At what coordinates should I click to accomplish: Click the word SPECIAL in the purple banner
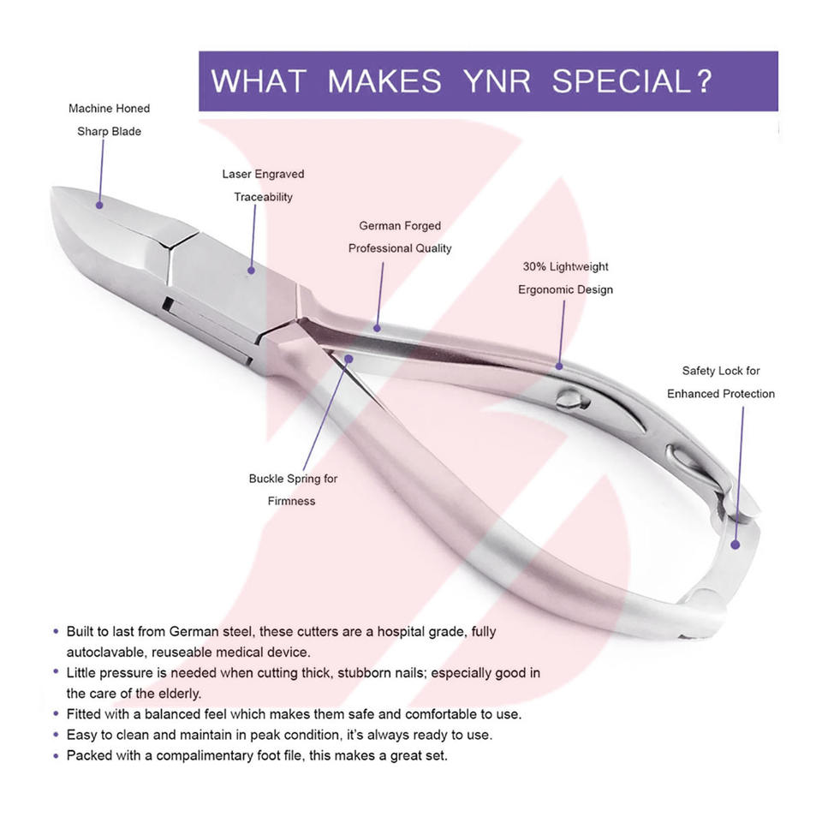click(x=631, y=81)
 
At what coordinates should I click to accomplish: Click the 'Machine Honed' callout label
click(x=109, y=109)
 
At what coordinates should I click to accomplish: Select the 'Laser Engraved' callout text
click(x=263, y=174)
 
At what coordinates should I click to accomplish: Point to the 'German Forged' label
click(x=400, y=226)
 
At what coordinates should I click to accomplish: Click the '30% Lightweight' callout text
click(x=565, y=267)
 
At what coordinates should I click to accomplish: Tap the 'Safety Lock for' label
click(x=721, y=371)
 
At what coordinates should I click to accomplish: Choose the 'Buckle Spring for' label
click(x=293, y=479)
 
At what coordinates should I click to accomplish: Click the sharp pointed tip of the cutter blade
click(x=55, y=190)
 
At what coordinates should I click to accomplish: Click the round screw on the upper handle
click(x=568, y=397)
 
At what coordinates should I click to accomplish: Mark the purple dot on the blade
click(x=99, y=205)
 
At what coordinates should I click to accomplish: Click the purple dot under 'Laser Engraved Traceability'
click(x=252, y=271)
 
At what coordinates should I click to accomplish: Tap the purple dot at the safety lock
click(x=736, y=543)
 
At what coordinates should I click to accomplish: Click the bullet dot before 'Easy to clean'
click(x=56, y=735)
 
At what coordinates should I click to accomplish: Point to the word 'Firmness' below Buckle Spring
click(x=291, y=501)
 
